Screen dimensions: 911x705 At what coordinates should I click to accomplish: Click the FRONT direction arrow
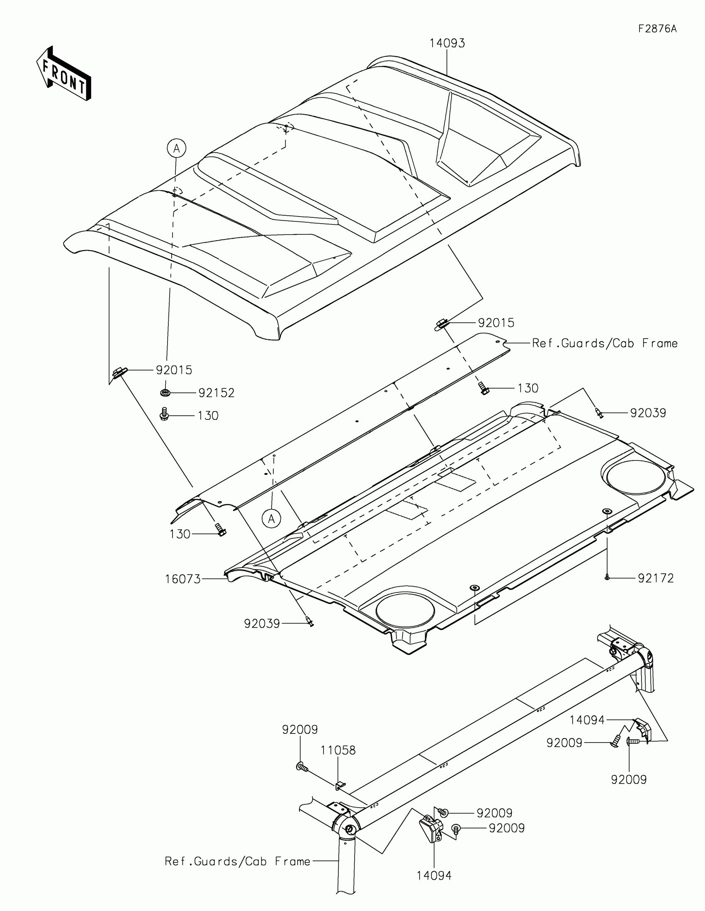64,73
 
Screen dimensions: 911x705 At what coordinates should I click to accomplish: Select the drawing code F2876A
657,29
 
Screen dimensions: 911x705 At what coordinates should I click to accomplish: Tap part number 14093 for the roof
447,43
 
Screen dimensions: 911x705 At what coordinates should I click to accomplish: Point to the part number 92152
216,393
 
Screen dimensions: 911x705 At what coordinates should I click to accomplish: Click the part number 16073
182,579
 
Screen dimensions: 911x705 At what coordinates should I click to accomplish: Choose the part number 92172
656,578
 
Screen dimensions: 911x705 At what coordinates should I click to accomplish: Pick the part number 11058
338,750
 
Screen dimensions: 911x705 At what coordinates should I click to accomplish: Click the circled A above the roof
176,148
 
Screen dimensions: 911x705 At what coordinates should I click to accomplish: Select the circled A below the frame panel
271,519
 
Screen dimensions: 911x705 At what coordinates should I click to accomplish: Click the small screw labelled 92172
607,578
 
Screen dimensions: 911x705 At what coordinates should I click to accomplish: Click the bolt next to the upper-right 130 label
484,389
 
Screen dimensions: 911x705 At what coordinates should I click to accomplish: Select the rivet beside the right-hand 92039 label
599,412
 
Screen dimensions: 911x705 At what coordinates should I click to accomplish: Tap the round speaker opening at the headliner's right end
636,478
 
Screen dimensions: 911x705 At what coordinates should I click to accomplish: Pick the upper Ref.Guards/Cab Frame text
605,343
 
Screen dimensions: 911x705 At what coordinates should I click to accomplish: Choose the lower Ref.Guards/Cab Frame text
237,861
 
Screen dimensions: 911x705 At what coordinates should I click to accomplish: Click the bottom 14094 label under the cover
434,876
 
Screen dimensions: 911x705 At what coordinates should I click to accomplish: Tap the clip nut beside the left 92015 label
119,371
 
